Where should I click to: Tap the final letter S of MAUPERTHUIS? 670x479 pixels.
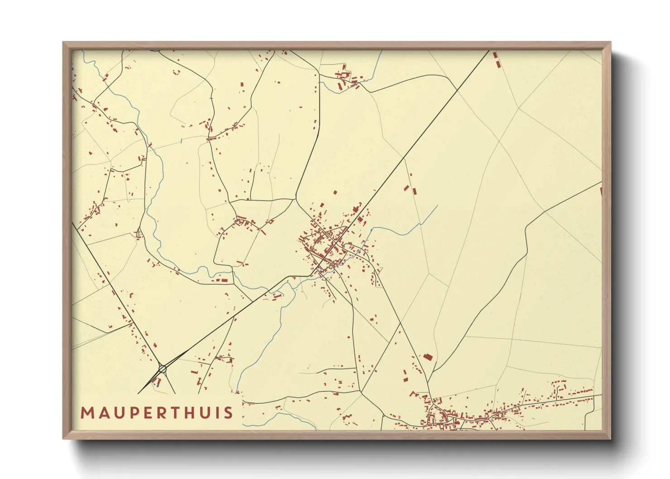[229, 413]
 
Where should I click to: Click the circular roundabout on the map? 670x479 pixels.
[163, 369]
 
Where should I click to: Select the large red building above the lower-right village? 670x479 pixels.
[428, 357]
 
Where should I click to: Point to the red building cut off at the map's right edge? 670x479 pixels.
[601, 192]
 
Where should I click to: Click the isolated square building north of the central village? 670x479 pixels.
[335, 192]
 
